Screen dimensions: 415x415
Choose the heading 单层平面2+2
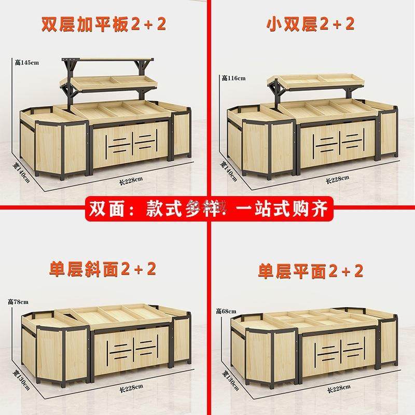click(311, 270)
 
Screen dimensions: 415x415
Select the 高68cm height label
click(226, 311)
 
